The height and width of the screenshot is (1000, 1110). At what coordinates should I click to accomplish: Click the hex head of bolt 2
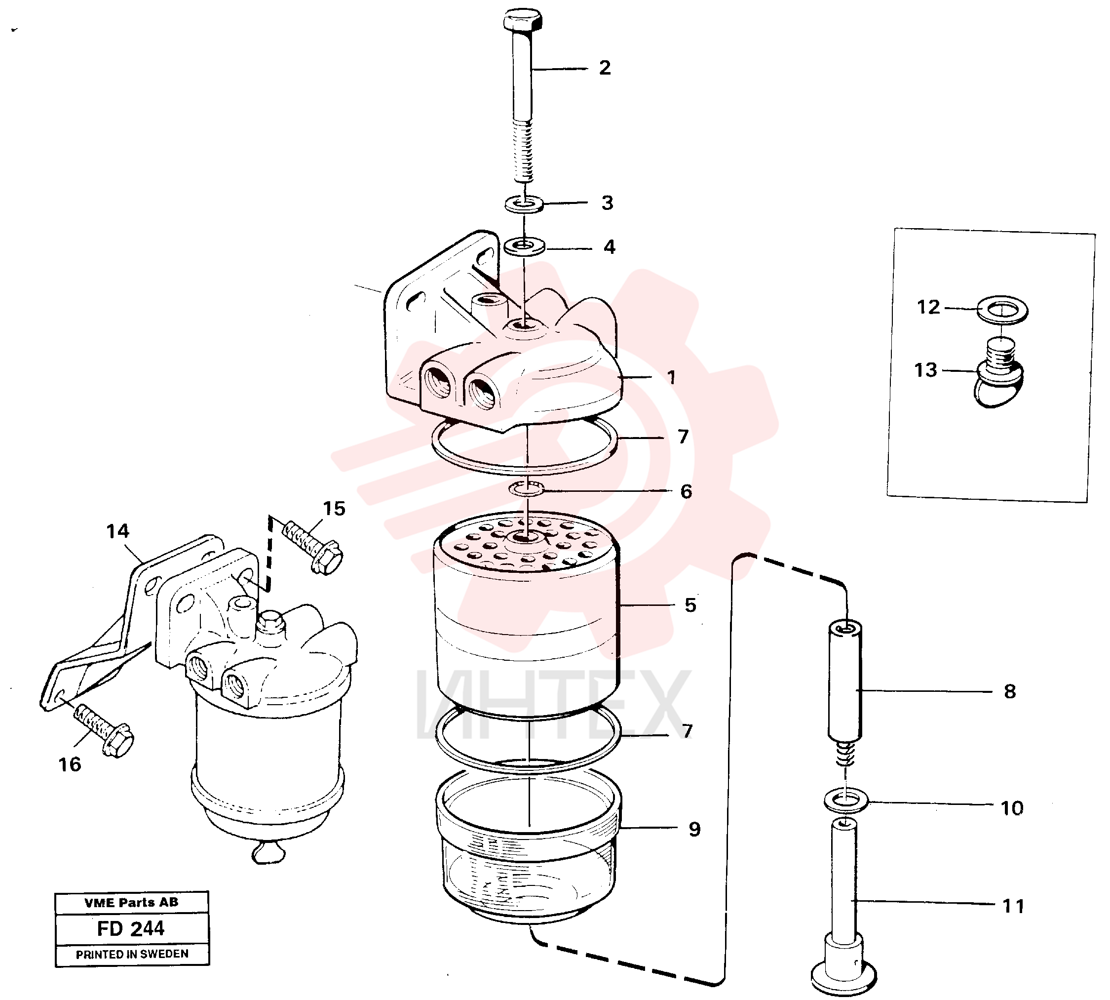pos(522,20)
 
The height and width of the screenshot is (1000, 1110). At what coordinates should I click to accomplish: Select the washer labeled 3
pos(524,204)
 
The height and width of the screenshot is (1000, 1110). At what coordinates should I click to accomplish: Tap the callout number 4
pos(609,247)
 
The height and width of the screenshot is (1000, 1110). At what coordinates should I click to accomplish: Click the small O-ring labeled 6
pos(527,487)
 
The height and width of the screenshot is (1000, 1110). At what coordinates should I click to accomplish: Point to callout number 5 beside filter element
pos(690,605)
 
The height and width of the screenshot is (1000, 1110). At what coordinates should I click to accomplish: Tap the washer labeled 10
pos(846,800)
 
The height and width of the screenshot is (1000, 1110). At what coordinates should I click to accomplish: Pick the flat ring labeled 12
pos(1002,311)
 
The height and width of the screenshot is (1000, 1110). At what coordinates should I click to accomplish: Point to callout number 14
pos(117,531)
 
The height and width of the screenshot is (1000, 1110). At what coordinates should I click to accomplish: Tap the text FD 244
pos(131,928)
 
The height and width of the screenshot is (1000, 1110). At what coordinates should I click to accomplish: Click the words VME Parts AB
pos(131,902)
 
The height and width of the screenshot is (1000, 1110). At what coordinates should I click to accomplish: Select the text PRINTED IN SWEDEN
pos(132,954)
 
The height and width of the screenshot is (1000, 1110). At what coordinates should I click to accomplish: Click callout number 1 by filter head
pos(671,377)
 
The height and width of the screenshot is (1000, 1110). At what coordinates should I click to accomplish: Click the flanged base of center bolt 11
pos(843,976)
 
